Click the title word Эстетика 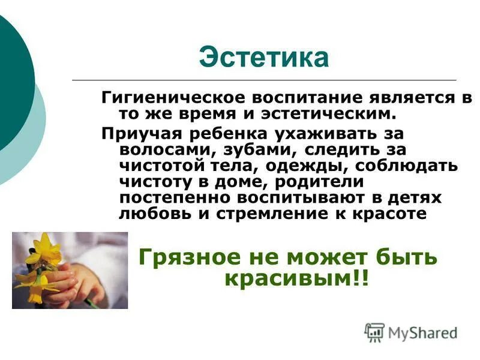[264, 58]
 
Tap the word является [414, 98]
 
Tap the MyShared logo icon [374, 332]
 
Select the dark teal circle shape [12, 78]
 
